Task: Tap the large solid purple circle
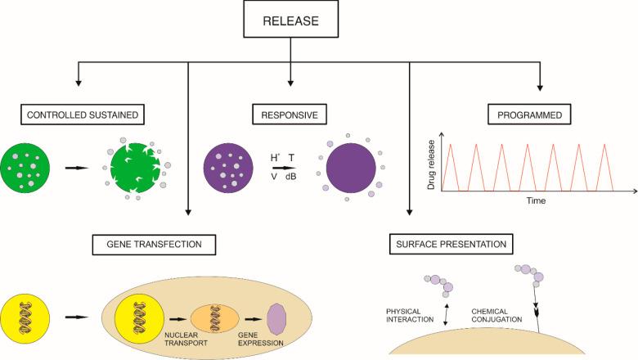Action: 351,167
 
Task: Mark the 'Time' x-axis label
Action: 536,199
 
